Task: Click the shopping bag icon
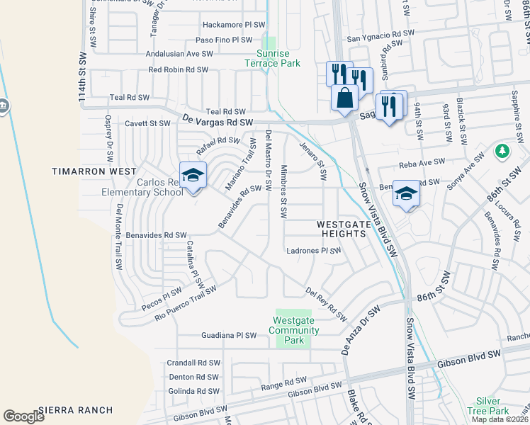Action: (x=344, y=97)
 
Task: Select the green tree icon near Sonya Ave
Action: (x=502, y=151)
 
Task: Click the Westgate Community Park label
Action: (x=294, y=330)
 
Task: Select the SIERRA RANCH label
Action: (x=76, y=409)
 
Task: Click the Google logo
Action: (x=23, y=416)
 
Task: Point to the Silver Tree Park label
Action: (x=492, y=406)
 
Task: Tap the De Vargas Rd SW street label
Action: (x=218, y=123)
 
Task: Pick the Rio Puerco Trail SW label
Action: (x=185, y=302)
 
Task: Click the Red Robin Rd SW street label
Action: (x=178, y=69)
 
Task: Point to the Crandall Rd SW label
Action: (x=193, y=363)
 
